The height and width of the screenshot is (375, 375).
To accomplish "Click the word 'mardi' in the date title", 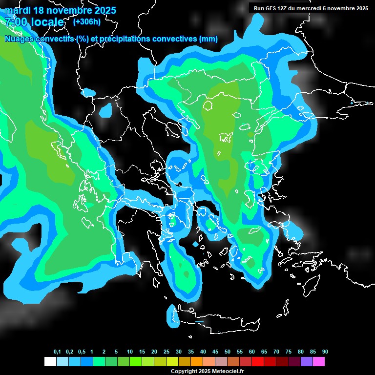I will point(18,10).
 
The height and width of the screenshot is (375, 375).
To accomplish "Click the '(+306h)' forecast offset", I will point(87,21).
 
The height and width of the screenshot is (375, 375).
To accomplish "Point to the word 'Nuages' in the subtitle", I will point(19,39).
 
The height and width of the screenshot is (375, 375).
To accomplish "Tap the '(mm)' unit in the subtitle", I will point(208,39).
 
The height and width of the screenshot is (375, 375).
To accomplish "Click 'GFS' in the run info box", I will point(271,8).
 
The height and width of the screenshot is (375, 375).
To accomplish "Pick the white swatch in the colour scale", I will point(50,362).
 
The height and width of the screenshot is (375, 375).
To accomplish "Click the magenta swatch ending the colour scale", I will point(319,362).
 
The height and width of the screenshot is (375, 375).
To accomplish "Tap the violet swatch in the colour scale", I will point(307,362).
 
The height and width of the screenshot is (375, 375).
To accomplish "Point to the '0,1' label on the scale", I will point(57,352).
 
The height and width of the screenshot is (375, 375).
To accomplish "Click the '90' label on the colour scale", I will point(325,352).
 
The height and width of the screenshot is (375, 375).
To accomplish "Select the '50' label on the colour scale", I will point(228,352).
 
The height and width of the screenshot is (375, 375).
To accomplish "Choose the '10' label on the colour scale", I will point(130,352).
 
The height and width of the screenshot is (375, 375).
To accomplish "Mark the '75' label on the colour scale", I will point(289,352).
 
